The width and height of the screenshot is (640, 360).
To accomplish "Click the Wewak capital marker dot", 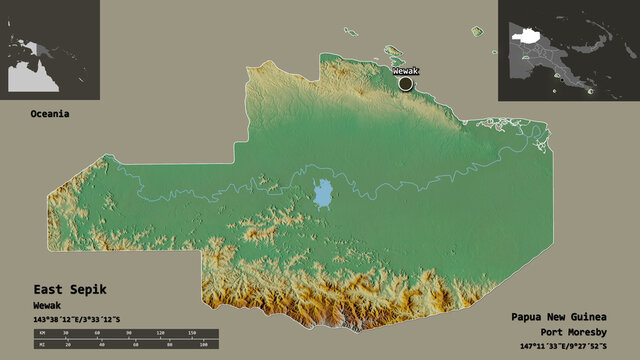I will [405, 84].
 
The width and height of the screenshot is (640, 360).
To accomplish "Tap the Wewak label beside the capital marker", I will [406, 71].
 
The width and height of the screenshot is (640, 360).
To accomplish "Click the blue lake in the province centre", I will [323, 193].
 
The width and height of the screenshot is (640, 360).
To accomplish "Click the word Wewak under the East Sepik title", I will [46, 303].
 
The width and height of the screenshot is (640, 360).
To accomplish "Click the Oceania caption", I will [49, 114].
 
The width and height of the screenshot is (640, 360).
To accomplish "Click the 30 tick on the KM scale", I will [66, 331].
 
